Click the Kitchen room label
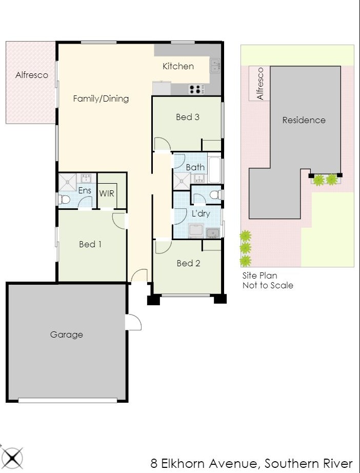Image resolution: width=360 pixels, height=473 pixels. (x=178, y=66)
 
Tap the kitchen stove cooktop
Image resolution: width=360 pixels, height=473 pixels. (x=195, y=89)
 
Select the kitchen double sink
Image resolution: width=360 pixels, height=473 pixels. (x=215, y=65)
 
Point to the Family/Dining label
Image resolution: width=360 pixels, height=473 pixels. (x=101, y=98)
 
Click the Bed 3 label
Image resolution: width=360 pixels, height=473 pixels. (x=188, y=117)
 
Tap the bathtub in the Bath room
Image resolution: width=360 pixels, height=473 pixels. (x=214, y=170)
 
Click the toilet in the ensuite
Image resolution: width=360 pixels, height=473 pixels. (x=64, y=200)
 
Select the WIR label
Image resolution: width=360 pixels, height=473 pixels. (x=107, y=193)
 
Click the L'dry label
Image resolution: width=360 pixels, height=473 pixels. (x=201, y=213)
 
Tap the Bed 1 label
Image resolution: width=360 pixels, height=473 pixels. (x=90, y=244)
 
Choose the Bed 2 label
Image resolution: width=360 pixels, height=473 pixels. (x=188, y=263)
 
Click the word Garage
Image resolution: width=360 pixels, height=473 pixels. (x=67, y=334)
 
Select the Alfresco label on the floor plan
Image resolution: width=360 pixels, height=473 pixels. (x=32, y=75)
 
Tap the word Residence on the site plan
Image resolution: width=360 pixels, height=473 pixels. (x=304, y=120)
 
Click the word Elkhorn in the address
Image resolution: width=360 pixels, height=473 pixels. (x=183, y=463)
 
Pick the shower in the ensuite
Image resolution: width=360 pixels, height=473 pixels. (x=68, y=182)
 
